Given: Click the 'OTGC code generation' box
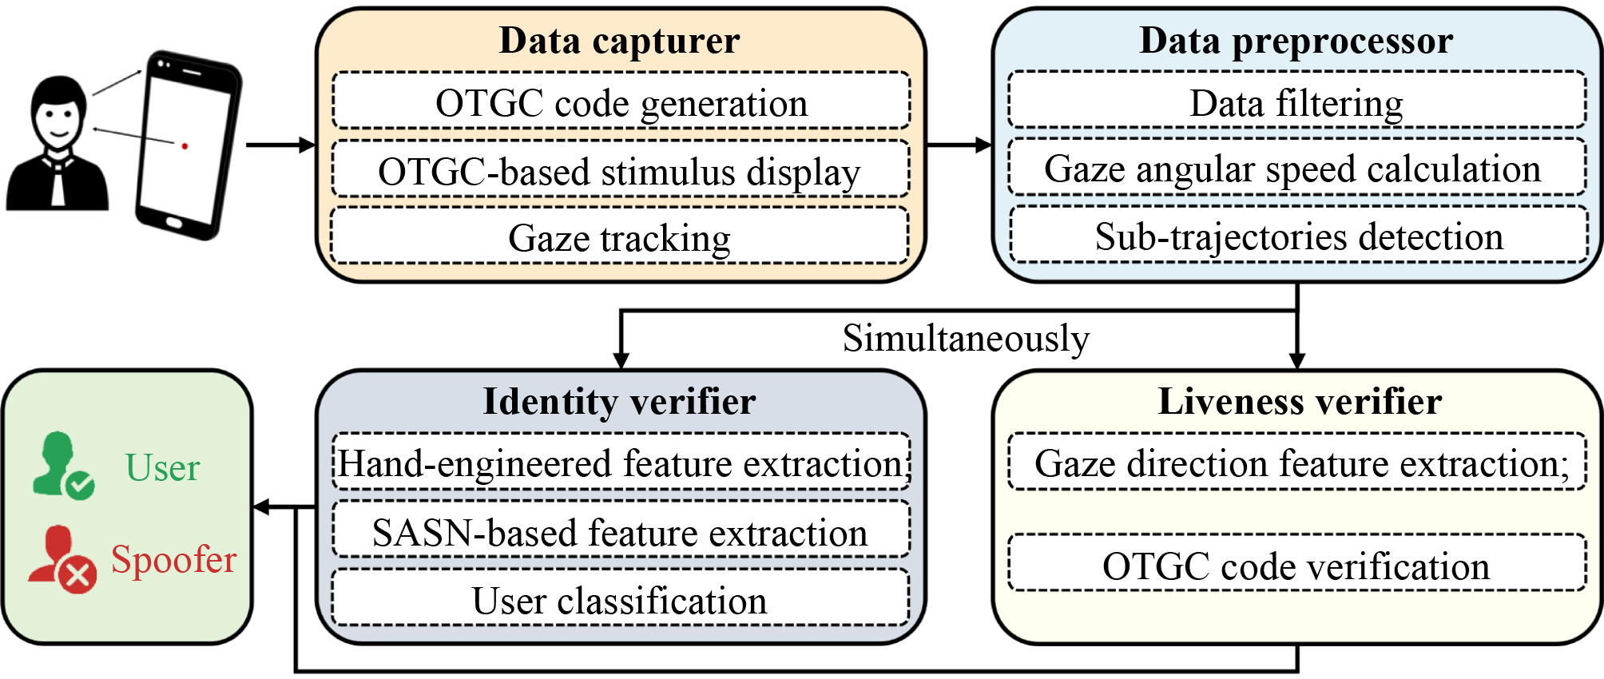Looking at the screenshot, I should [621, 101].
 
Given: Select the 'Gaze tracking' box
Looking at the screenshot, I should [619, 236].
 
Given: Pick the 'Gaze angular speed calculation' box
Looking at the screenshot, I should [1296, 168].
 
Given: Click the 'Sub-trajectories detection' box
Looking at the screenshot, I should [1298, 236].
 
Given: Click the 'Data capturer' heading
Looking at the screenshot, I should [619, 40].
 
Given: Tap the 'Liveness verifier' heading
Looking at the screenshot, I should [1300, 401].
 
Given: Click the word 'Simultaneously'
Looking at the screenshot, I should [966, 338].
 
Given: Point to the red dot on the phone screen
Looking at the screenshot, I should [185, 146].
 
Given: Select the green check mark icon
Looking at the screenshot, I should [80, 485].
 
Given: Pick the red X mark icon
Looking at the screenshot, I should [78, 575].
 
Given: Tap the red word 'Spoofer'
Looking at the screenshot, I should [173, 559].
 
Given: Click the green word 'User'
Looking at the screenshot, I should [162, 467].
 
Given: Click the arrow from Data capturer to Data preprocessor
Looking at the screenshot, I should [959, 145].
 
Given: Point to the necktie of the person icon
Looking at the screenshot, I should [58, 184].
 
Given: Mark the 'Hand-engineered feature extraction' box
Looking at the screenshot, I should [621, 462].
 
